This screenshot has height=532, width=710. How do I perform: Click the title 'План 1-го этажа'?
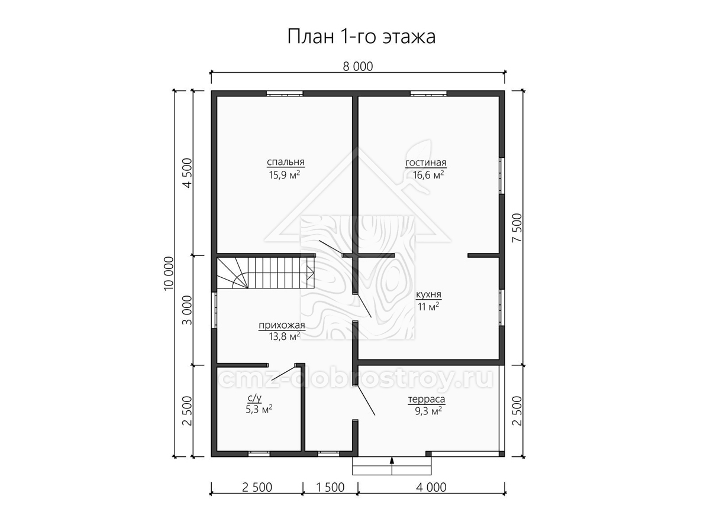pyautogui.click(x=362, y=37)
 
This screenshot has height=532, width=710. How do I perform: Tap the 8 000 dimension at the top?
pyautogui.click(x=358, y=67)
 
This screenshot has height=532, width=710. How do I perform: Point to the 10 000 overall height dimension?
pyautogui.click(x=169, y=273)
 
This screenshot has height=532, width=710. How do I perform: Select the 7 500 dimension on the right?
pyautogui.click(x=518, y=228)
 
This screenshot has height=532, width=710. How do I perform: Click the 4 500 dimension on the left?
pyautogui.click(x=188, y=173)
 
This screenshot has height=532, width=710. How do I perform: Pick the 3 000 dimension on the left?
pyautogui.click(x=188, y=310)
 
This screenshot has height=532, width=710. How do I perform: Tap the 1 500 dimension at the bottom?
pyautogui.click(x=331, y=488)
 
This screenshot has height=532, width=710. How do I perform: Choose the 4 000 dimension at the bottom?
pyautogui.click(x=431, y=488)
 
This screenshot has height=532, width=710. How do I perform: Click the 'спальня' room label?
pyautogui.click(x=286, y=162)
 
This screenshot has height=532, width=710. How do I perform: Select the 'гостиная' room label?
pyautogui.click(x=426, y=163)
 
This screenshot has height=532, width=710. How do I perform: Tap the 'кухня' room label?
pyautogui.click(x=428, y=294)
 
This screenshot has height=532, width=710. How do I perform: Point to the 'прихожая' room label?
pyautogui.click(x=282, y=325)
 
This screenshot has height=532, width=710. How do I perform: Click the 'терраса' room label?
pyautogui.click(x=427, y=400)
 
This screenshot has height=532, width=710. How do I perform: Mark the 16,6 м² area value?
pyautogui.click(x=428, y=175)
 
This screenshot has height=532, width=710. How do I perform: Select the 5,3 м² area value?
pyautogui.click(x=259, y=410)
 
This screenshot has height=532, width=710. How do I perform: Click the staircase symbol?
pyautogui.click(x=265, y=273)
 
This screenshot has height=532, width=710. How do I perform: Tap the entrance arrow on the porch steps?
pyautogui.click(x=392, y=466)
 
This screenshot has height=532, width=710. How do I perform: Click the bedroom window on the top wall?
pyautogui.click(x=285, y=93)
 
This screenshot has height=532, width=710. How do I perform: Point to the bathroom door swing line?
pyautogui.click(x=283, y=372)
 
